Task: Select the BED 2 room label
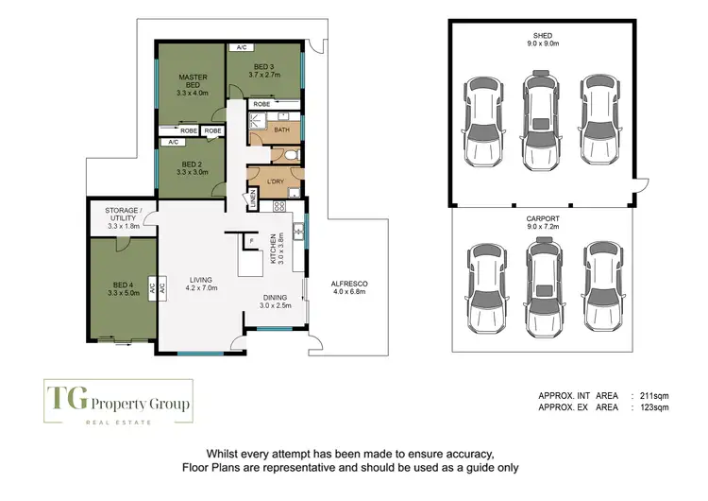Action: [x=191, y=166]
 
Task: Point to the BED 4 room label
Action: [x=123, y=288]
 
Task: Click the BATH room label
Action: [x=281, y=130]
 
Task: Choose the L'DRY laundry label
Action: [x=277, y=181]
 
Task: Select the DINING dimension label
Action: [x=276, y=302]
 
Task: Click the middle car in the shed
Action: [x=541, y=118]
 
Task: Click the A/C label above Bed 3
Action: [x=242, y=47]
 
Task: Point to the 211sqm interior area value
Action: [x=654, y=397]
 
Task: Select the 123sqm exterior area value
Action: [x=654, y=408]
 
